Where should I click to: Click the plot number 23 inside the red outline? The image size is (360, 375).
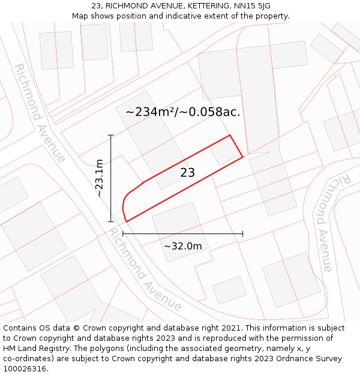point(188,173)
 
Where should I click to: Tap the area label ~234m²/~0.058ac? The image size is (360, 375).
point(183,112)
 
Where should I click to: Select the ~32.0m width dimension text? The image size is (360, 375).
point(183,246)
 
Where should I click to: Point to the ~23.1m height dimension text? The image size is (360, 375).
point(100,178)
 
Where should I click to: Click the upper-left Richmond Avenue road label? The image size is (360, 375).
point(40,113)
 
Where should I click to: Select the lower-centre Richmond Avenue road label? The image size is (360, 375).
point(144,269)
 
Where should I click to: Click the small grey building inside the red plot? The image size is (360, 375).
point(224,151)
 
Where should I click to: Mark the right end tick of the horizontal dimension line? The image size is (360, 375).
point(242,233)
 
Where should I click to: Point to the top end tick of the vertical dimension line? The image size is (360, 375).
point(111,136)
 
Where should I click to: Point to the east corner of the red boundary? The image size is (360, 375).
point(242,157)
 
